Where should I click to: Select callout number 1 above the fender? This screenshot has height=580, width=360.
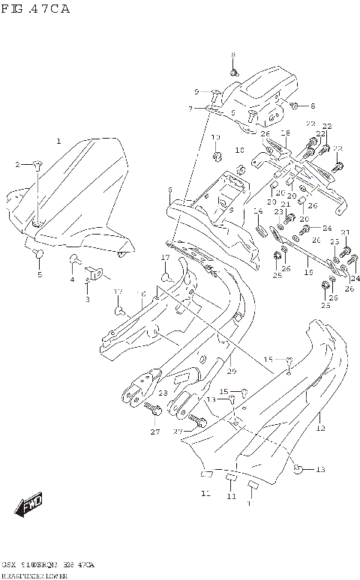click(x=58, y=142)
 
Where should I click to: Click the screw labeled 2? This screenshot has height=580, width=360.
click(x=37, y=164)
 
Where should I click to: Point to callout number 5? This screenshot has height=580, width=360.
click(x=40, y=275)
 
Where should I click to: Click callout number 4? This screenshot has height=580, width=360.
click(x=72, y=280)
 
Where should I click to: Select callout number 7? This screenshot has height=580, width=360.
click(x=190, y=109)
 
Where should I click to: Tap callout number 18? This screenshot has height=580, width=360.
click(x=285, y=133)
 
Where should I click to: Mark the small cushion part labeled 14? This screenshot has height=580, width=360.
click(x=262, y=229)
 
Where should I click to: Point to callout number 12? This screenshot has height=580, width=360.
click(x=320, y=429)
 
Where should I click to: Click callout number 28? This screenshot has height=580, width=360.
click(x=162, y=393)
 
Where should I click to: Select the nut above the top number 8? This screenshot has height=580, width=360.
click(x=233, y=73)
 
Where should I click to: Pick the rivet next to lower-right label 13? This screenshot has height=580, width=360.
click(x=298, y=469)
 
